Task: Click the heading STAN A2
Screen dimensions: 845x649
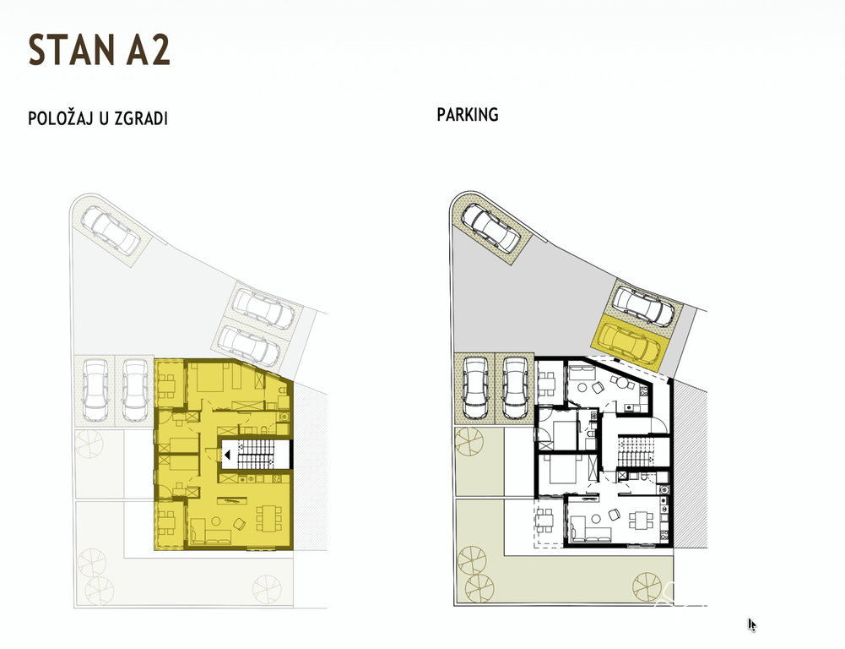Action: point(99,50)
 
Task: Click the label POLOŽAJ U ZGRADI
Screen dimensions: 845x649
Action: point(98,118)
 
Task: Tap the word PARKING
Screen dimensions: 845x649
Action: point(467,115)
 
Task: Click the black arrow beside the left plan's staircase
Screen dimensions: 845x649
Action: point(227,455)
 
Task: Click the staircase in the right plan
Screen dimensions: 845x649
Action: point(636,451)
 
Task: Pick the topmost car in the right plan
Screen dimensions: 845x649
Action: point(491,227)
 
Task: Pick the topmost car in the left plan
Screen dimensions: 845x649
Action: point(111,232)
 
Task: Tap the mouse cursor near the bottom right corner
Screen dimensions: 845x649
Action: point(752,624)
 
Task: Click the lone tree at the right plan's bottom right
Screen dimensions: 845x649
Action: point(647,586)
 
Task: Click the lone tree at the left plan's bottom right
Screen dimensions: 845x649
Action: point(267,588)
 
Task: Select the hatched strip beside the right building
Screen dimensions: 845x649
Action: point(690,463)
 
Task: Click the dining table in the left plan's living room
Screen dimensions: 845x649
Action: point(268,518)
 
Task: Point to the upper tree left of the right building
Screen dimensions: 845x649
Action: point(469,442)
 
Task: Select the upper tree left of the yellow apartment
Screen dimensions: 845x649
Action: point(89,444)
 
